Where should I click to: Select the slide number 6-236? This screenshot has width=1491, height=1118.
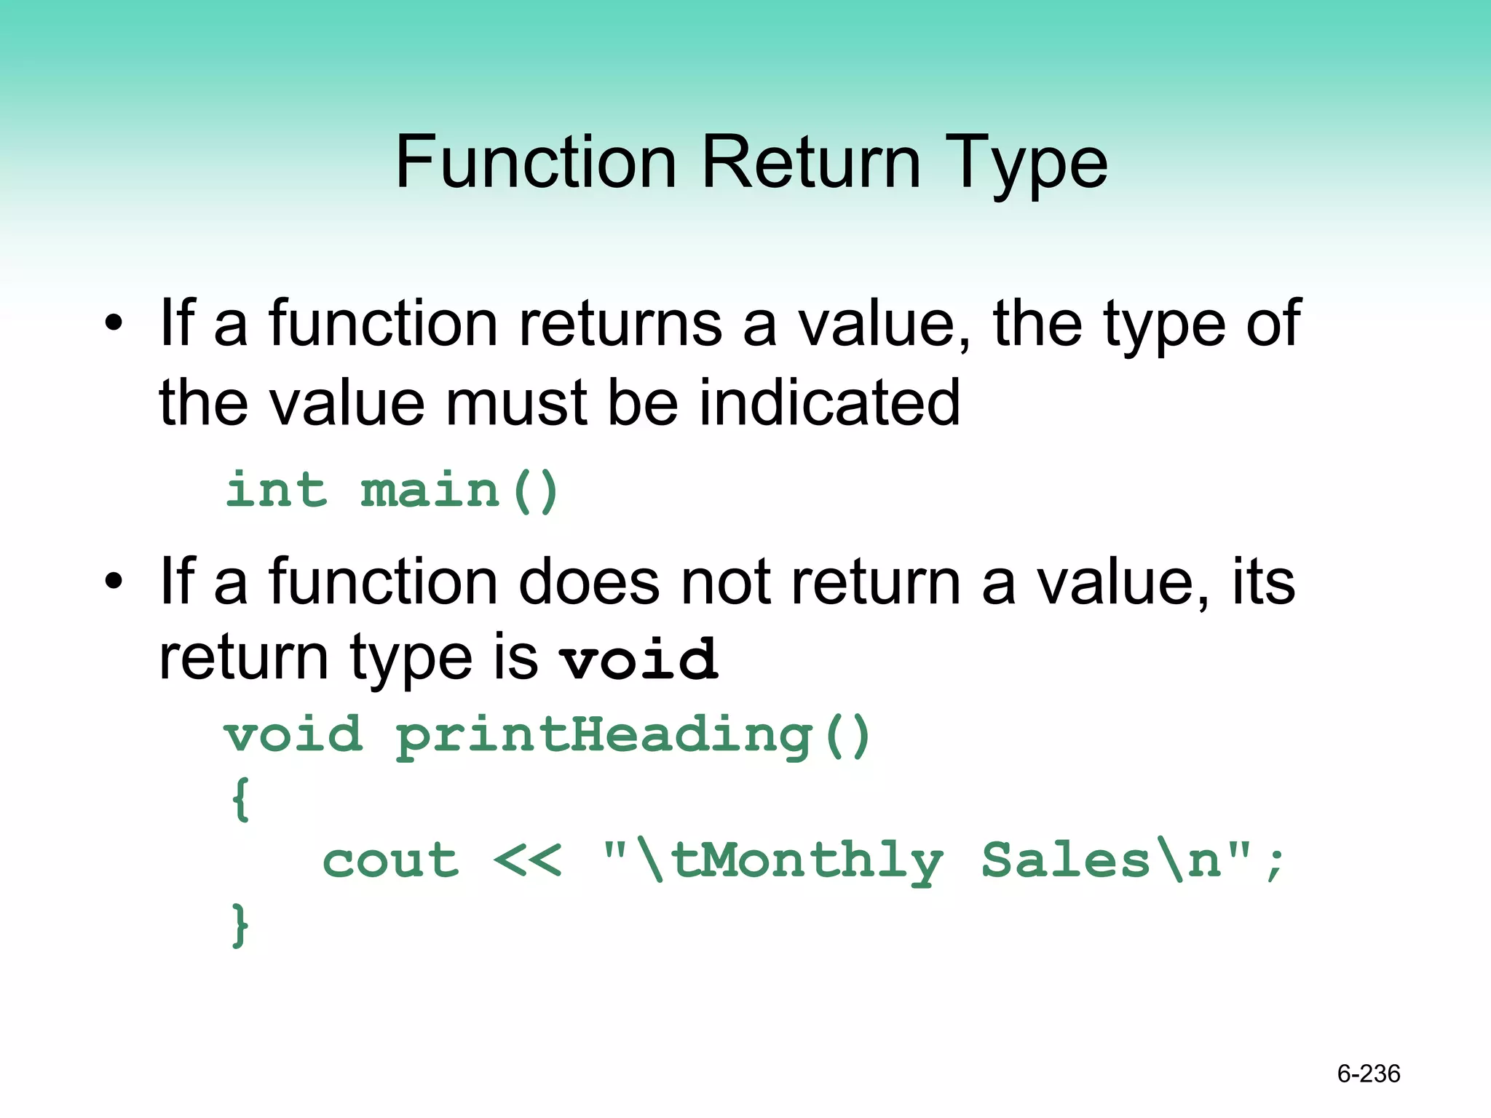(1368, 1074)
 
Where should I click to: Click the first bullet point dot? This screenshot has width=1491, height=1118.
(114, 323)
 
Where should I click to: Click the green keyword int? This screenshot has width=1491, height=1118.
(277, 489)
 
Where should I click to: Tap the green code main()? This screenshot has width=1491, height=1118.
(459, 489)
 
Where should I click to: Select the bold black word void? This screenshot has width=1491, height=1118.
(638, 659)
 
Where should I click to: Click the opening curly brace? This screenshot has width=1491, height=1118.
(241, 798)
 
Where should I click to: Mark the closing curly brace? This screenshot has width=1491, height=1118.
(240, 924)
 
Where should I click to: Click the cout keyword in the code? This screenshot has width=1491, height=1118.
(390, 861)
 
